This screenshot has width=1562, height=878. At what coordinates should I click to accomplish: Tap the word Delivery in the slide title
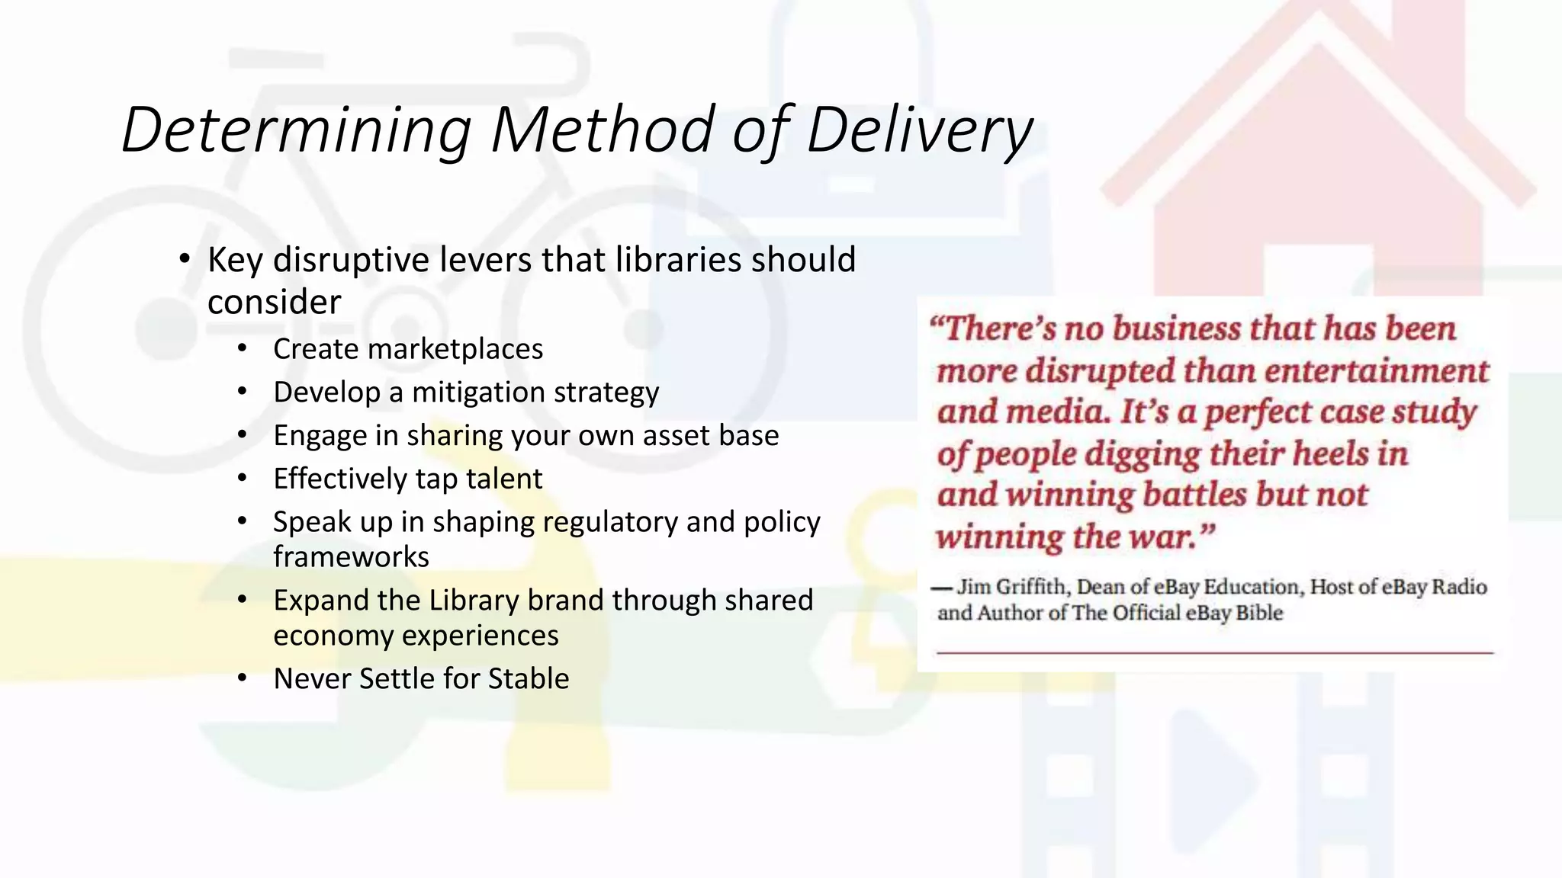(919, 130)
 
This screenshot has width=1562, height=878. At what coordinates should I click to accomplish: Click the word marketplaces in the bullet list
(455, 349)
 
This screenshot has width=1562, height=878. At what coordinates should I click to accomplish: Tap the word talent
(504, 479)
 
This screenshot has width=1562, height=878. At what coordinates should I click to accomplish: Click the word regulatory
(610, 523)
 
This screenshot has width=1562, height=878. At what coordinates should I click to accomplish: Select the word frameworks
(351, 557)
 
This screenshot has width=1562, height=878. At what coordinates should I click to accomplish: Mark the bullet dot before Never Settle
(243, 678)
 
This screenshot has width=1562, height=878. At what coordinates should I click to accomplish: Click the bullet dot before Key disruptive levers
(184, 260)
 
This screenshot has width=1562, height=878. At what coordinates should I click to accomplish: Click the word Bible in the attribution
(1259, 614)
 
